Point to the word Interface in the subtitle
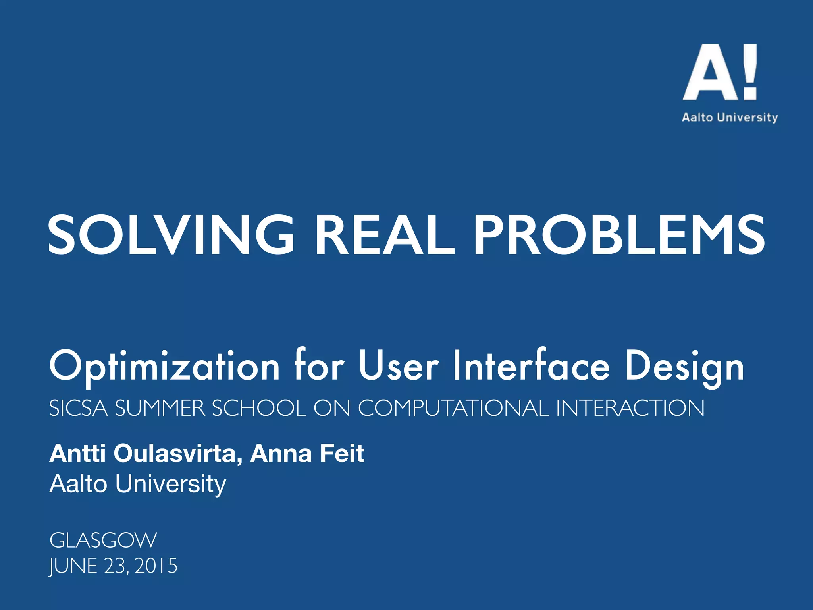[x=531, y=365]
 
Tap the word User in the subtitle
[x=399, y=365]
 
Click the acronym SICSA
[x=78, y=408]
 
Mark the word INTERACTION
[x=630, y=408]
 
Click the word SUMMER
[x=160, y=408]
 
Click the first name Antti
[x=77, y=454]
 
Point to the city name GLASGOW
[x=103, y=540]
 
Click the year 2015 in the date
[x=156, y=566]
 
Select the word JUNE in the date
[x=73, y=566]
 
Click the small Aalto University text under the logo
[x=730, y=118]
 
